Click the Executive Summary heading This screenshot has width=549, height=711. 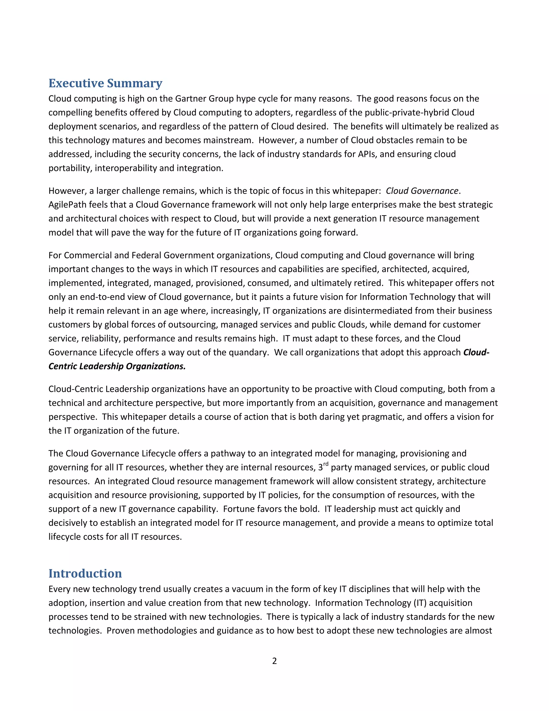coord(105,83)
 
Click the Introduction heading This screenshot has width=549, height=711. coord(85,573)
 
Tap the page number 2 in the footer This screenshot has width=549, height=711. coord(274,661)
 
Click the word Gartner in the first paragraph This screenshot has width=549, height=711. coord(191,99)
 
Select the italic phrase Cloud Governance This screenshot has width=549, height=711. coord(422,191)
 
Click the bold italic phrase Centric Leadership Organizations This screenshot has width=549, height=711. coord(117,367)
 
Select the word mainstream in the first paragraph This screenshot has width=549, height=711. coord(228,140)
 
